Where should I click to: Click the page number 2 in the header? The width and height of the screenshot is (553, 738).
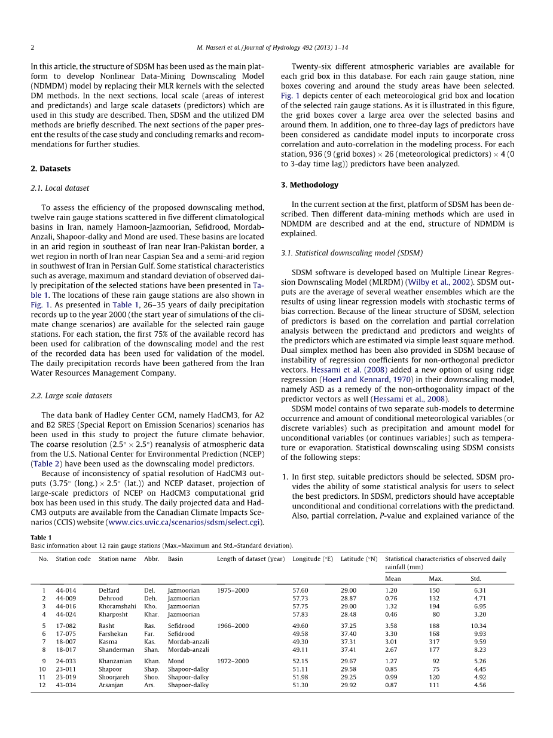33,47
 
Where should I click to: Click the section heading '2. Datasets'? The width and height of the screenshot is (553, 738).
50,169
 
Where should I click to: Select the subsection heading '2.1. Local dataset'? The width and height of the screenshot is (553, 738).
60,188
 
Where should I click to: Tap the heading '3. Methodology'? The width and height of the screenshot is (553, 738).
310,185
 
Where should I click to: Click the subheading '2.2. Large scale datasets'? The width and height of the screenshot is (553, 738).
71,396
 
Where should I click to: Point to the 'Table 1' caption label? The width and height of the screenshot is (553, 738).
41,538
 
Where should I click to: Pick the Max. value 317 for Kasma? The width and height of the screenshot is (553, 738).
434,642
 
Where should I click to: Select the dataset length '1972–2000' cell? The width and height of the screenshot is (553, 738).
233,661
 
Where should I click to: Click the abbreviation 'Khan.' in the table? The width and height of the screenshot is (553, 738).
152,661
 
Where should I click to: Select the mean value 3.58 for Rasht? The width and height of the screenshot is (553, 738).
392,626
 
